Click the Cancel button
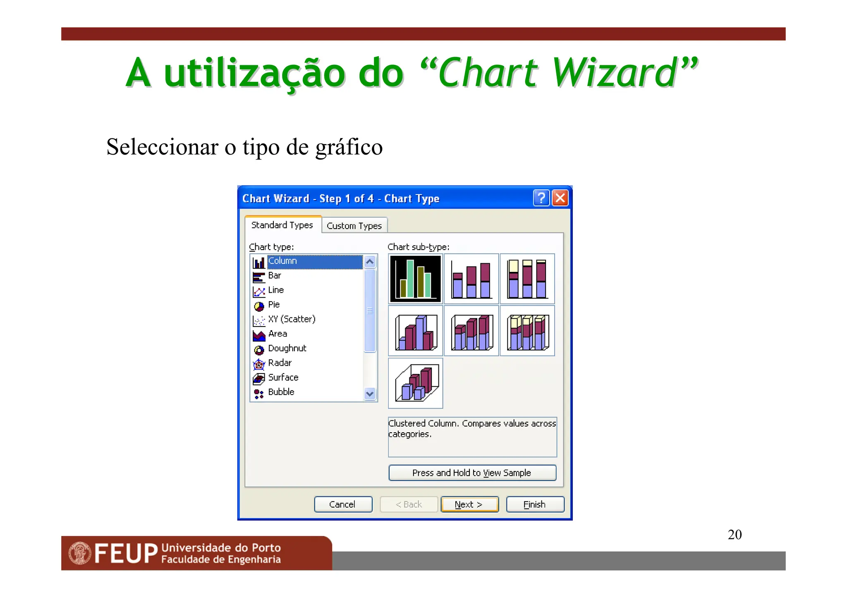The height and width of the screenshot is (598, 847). [343, 504]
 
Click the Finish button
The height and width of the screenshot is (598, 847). [535, 504]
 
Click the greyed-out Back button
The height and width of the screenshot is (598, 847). [409, 504]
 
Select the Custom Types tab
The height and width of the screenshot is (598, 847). [354, 226]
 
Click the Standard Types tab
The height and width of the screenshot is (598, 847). [282, 225]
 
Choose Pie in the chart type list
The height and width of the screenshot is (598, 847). [274, 305]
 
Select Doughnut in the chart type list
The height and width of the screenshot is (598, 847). [287, 348]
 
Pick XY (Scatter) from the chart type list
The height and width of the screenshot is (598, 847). [292, 319]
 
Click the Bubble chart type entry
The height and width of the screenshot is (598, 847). [281, 392]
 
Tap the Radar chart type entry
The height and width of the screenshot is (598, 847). [280, 363]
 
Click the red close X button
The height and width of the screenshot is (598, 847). [560, 198]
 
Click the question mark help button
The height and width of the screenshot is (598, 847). [541, 198]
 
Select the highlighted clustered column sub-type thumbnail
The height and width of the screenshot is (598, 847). [416, 279]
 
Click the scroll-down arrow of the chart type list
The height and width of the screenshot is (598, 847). [370, 394]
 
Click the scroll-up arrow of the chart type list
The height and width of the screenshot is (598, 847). [370, 262]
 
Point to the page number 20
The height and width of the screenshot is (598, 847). [735, 534]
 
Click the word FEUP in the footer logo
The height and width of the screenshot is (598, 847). [126, 553]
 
